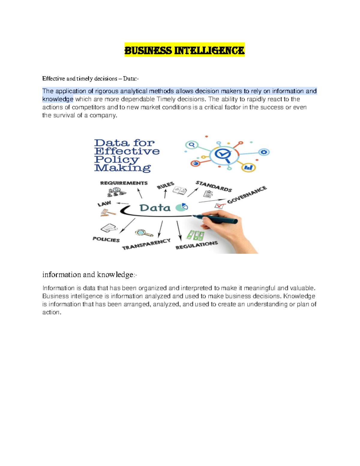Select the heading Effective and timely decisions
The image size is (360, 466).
click(x=90, y=79)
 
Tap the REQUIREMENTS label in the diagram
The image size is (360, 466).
click(x=124, y=183)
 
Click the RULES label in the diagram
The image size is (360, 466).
click(x=165, y=185)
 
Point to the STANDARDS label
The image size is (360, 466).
click(x=214, y=186)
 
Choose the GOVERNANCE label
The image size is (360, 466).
click(x=247, y=195)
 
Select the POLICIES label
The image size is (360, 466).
click(x=106, y=239)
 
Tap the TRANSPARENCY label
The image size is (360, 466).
click(x=146, y=244)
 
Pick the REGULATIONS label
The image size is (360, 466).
click(x=196, y=245)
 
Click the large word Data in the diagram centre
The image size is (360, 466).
click(x=155, y=208)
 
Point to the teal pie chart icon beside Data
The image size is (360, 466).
click(x=181, y=207)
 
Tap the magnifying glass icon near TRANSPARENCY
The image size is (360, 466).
click(x=143, y=233)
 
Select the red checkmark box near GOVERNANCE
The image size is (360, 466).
click(x=220, y=206)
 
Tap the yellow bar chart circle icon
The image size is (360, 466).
click(x=248, y=167)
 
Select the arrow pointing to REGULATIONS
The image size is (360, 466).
click(x=179, y=230)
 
